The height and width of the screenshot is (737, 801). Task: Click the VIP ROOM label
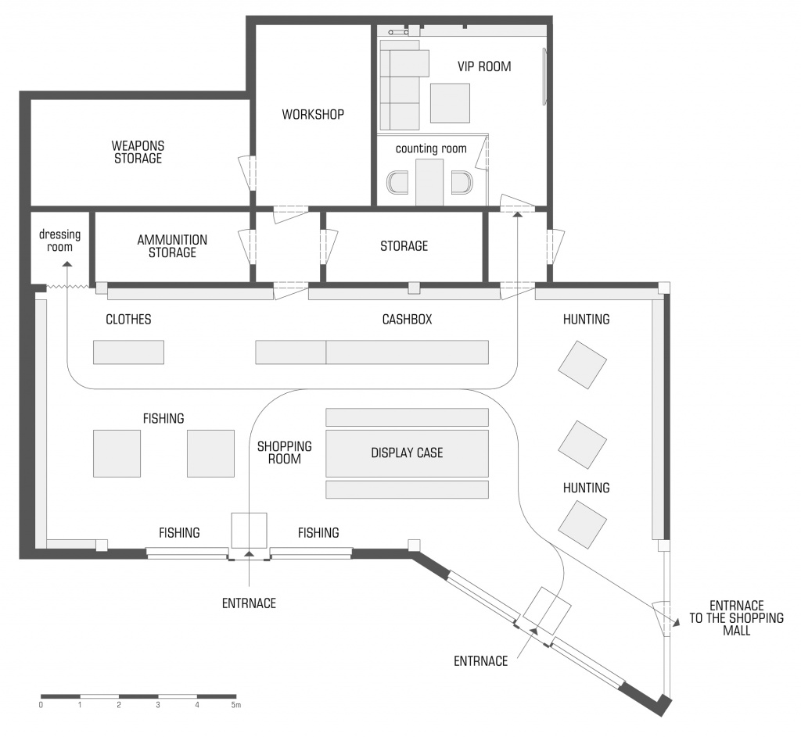coord(483,66)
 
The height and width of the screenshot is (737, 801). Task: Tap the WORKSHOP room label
coord(313,114)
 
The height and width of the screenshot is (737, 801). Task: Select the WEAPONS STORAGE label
coord(138,152)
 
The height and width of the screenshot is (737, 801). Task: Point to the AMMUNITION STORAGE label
coord(172,246)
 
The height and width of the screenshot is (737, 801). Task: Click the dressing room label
coord(59,241)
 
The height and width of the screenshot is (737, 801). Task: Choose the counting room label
coord(431,148)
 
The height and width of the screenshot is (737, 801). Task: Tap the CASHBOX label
coord(407,320)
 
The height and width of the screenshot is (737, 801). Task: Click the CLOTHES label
coord(128,320)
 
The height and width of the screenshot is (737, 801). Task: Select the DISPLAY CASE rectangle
coord(407,453)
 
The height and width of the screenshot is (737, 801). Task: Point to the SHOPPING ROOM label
coord(285,453)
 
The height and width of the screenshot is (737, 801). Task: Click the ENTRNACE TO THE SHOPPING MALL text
coord(736,618)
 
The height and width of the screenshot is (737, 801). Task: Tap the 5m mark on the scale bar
coord(235,706)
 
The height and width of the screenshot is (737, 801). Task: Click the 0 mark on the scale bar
coord(41,706)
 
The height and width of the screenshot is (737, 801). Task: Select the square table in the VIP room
coord(450,103)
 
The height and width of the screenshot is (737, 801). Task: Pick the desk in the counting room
coord(429,182)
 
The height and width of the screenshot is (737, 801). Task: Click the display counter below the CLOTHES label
coord(129,352)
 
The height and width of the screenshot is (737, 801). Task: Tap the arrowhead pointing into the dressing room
coord(66,264)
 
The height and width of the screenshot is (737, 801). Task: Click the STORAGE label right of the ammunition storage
coord(404,246)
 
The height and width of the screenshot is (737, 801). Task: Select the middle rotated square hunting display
coord(582,445)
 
